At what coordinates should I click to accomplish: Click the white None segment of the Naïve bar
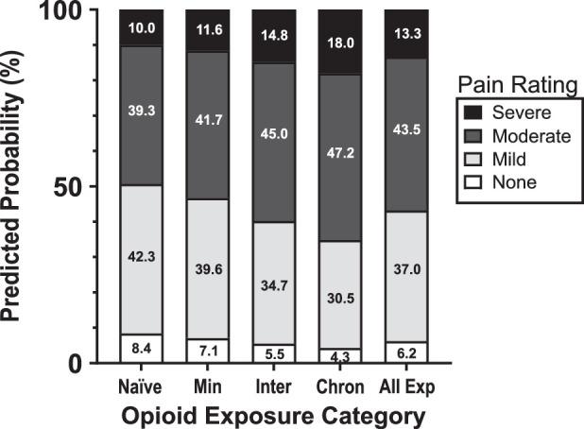tap(140, 348)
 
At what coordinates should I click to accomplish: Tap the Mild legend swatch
tap(470, 160)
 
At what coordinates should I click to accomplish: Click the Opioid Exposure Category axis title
tap(273, 415)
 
